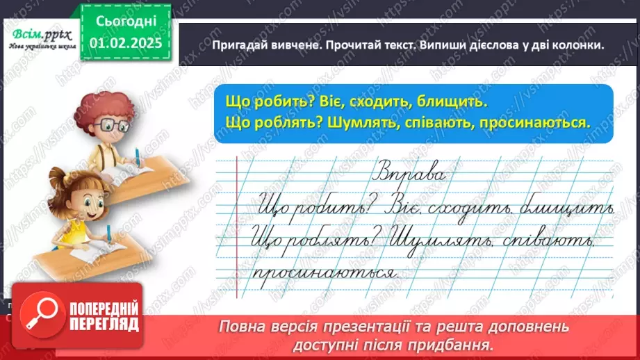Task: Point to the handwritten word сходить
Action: (x=509, y=207)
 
